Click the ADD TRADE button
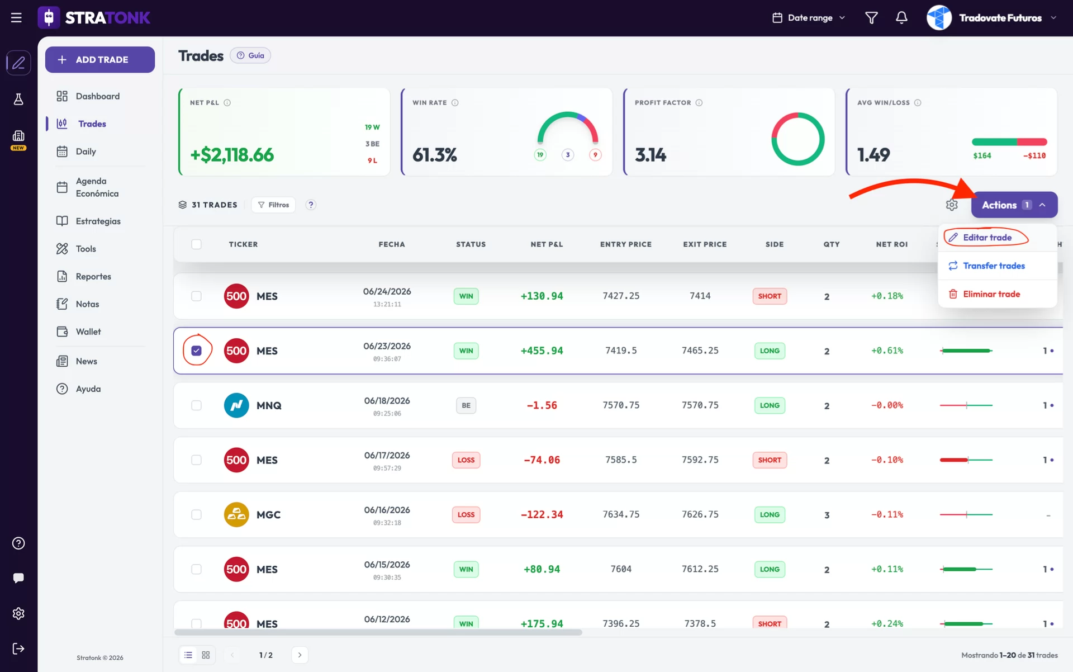click(100, 60)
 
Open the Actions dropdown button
click(1014, 205)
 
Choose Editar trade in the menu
click(987, 238)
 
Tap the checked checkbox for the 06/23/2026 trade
click(196, 351)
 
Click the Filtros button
click(273, 205)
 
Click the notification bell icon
click(901, 18)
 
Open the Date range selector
click(809, 18)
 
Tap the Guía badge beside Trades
click(250, 55)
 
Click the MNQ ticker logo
click(236, 405)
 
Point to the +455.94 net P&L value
click(542, 351)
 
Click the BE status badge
click(466, 405)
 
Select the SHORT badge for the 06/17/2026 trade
click(770, 460)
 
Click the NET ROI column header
click(891, 244)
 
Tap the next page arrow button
click(300, 655)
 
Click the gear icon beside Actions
click(952, 205)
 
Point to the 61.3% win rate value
click(435, 155)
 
